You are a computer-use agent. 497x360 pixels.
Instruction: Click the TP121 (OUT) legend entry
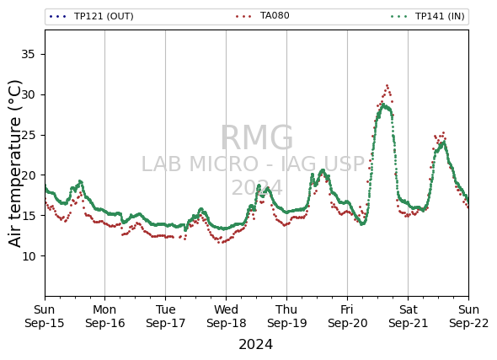92,16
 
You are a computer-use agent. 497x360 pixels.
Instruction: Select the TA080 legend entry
263,15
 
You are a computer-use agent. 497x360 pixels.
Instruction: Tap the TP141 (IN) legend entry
428,16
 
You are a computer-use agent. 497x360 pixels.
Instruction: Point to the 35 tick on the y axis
28,55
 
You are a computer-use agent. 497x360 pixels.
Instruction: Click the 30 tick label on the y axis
28,94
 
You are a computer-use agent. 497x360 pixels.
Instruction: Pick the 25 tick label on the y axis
28,135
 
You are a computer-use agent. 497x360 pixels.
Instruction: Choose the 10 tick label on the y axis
28,256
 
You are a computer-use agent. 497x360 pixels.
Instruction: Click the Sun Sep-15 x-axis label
45,316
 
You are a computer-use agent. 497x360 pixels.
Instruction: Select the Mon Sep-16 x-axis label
105,316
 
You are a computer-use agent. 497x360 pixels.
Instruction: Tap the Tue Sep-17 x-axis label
165,316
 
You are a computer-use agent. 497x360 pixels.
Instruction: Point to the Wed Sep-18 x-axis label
226,316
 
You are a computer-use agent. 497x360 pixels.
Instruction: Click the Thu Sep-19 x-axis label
287,316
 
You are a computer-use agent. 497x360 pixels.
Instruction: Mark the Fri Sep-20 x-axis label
347,316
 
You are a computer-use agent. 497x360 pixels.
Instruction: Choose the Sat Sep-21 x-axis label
409,316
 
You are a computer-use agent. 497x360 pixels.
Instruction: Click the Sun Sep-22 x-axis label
469,316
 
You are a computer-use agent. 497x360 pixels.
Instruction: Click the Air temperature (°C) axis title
14,164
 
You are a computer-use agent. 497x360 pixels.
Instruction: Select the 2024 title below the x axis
255,345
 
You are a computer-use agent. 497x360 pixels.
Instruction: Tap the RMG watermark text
257,138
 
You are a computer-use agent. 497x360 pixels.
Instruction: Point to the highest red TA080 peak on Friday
387,86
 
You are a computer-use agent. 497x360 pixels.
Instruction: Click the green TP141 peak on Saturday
444,142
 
